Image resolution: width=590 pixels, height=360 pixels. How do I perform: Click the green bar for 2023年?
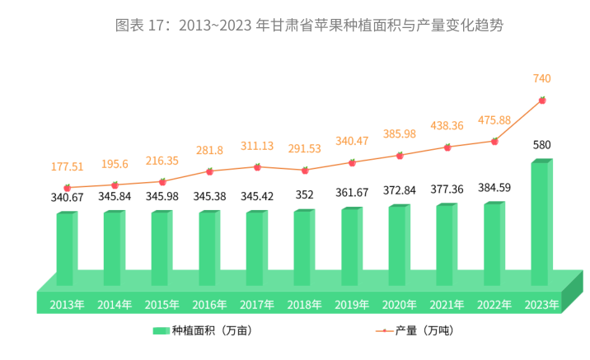coord(540,222)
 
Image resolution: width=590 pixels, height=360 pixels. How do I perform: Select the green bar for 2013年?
coord(65,249)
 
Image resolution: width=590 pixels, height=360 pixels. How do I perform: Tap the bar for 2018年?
coord(302,247)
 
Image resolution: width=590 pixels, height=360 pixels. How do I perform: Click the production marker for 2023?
coord(542,101)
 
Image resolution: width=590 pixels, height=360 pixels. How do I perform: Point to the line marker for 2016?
coord(209,171)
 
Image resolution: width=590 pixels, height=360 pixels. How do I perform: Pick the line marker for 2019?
coord(352,162)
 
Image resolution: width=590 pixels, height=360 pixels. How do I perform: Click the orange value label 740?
coord(541,78)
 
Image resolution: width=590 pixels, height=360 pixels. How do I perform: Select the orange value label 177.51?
coord(68,167)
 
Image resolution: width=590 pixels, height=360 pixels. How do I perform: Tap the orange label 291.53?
coord(304,149)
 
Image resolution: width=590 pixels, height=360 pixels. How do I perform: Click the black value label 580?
coord(541,145)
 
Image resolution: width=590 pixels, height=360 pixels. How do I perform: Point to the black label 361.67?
coord(352,193)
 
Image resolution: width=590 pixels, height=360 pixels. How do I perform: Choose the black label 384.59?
coord(494,187)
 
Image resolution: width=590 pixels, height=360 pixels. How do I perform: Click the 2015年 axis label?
coord(162,305)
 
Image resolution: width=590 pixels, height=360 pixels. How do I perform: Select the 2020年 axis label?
coord(399,305)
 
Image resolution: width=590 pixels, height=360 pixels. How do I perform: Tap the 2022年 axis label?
coord(494,305)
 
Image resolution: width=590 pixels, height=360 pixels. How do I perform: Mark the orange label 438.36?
coord(447,126)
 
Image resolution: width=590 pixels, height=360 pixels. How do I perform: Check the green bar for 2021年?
coord(445,245)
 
